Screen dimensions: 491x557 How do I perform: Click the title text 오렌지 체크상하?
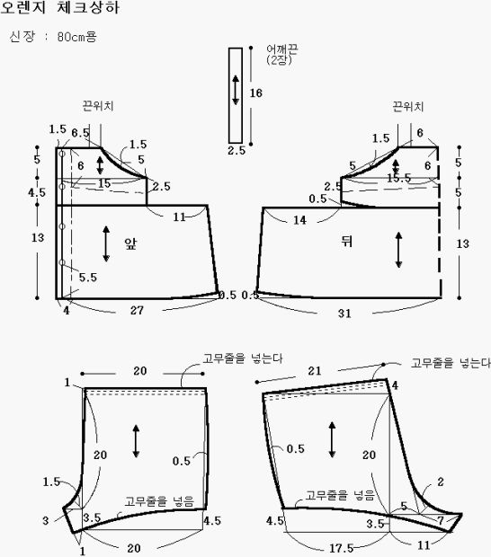(x=59, y=7)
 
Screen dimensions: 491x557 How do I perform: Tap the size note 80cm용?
(x=76, y=37)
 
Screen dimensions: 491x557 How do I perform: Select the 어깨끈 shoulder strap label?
(x=282, y=49)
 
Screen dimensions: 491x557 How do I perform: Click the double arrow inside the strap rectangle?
(x=236, y=90)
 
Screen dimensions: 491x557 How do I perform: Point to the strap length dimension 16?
(x=255, y=93)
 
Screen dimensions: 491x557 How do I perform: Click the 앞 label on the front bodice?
(x=130, y=243)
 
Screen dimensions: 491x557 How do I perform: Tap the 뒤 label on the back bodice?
(x=346, y=241)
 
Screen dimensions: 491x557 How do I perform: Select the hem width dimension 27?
(x=137, y=310)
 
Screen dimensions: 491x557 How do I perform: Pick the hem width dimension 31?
(x=344, y=313)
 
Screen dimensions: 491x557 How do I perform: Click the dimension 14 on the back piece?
(x=299, y=220)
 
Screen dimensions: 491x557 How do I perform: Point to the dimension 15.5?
(x=398, y=178)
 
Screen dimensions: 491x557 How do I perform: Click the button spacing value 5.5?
(x=88, y=277)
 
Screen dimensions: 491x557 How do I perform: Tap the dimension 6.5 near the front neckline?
(x=80, y=133)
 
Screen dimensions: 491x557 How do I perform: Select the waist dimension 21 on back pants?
(x=315, y=371)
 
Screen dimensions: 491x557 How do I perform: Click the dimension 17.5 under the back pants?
(x=342, y=548)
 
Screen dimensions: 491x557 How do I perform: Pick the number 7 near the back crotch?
(x=441, y=520)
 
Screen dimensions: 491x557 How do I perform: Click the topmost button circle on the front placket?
(x=62, y=154)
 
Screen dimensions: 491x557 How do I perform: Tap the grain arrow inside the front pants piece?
(x=136, y=441)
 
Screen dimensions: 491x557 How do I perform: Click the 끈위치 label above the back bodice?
(x=408, y=107)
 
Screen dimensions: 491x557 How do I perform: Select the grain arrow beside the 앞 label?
(x=106, y=243)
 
